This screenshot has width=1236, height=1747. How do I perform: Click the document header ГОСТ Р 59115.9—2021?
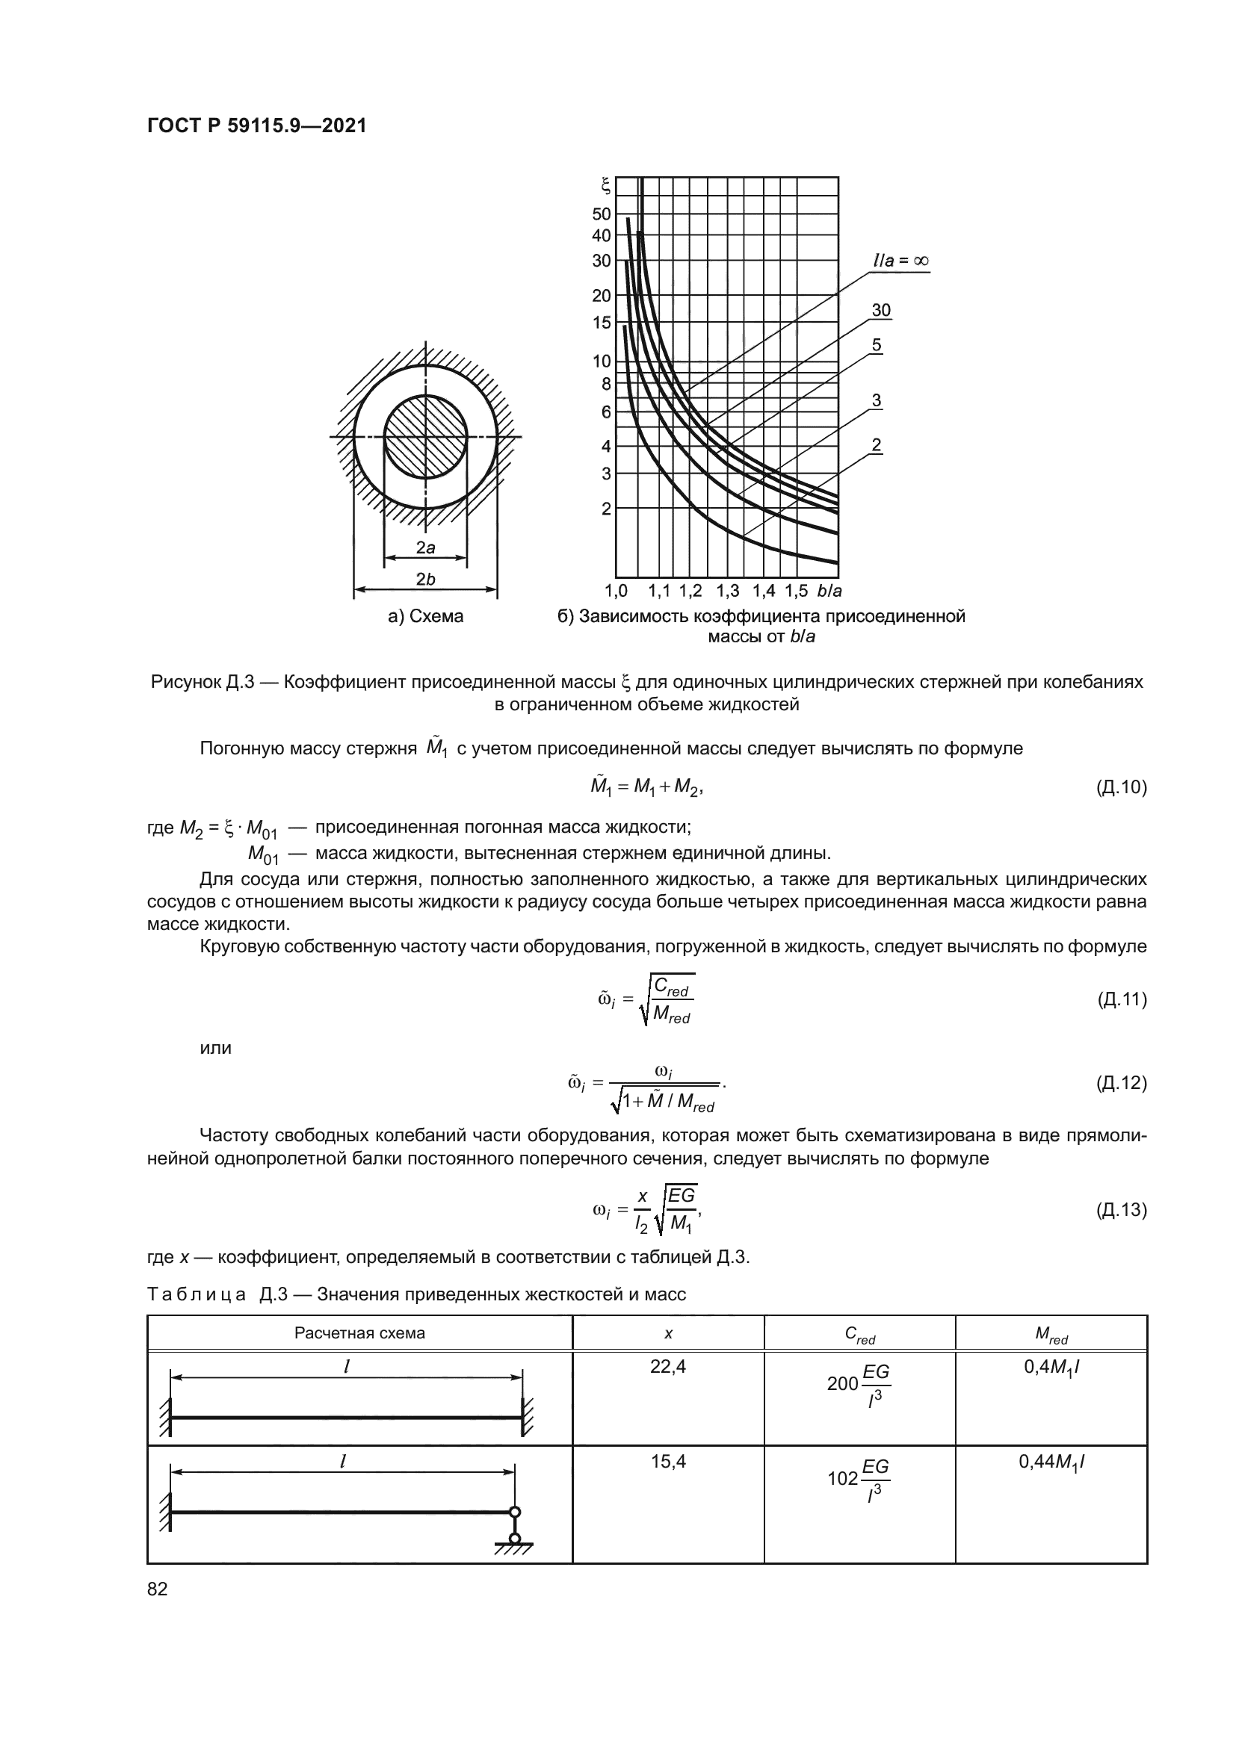(256, 125)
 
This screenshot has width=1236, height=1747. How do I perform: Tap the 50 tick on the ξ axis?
(602, 214)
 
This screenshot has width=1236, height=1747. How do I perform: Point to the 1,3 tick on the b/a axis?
(728, 591)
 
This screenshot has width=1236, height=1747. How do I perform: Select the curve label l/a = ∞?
(900, 260)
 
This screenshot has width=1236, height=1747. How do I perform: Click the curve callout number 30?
(881, 310)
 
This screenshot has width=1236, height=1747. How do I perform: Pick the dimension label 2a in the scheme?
(425, 547)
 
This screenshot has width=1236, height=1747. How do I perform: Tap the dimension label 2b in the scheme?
(425, 579)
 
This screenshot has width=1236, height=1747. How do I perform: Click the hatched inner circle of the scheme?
(425, 436)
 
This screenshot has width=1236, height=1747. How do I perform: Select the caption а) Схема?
(425, 616)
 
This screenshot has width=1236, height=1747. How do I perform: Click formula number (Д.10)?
(1121, 786)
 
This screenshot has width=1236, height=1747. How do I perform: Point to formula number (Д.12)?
(1121, 1082)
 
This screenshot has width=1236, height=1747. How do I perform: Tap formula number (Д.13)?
(1121, 1209)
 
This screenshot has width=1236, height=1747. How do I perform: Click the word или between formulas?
(215, 1048)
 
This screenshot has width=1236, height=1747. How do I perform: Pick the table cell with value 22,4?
(667, 1367)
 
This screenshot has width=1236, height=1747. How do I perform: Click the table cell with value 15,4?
(667, 1461)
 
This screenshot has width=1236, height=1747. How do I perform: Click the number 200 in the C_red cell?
(841, 1383)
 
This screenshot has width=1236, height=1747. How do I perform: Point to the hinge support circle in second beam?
(514, 1512)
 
